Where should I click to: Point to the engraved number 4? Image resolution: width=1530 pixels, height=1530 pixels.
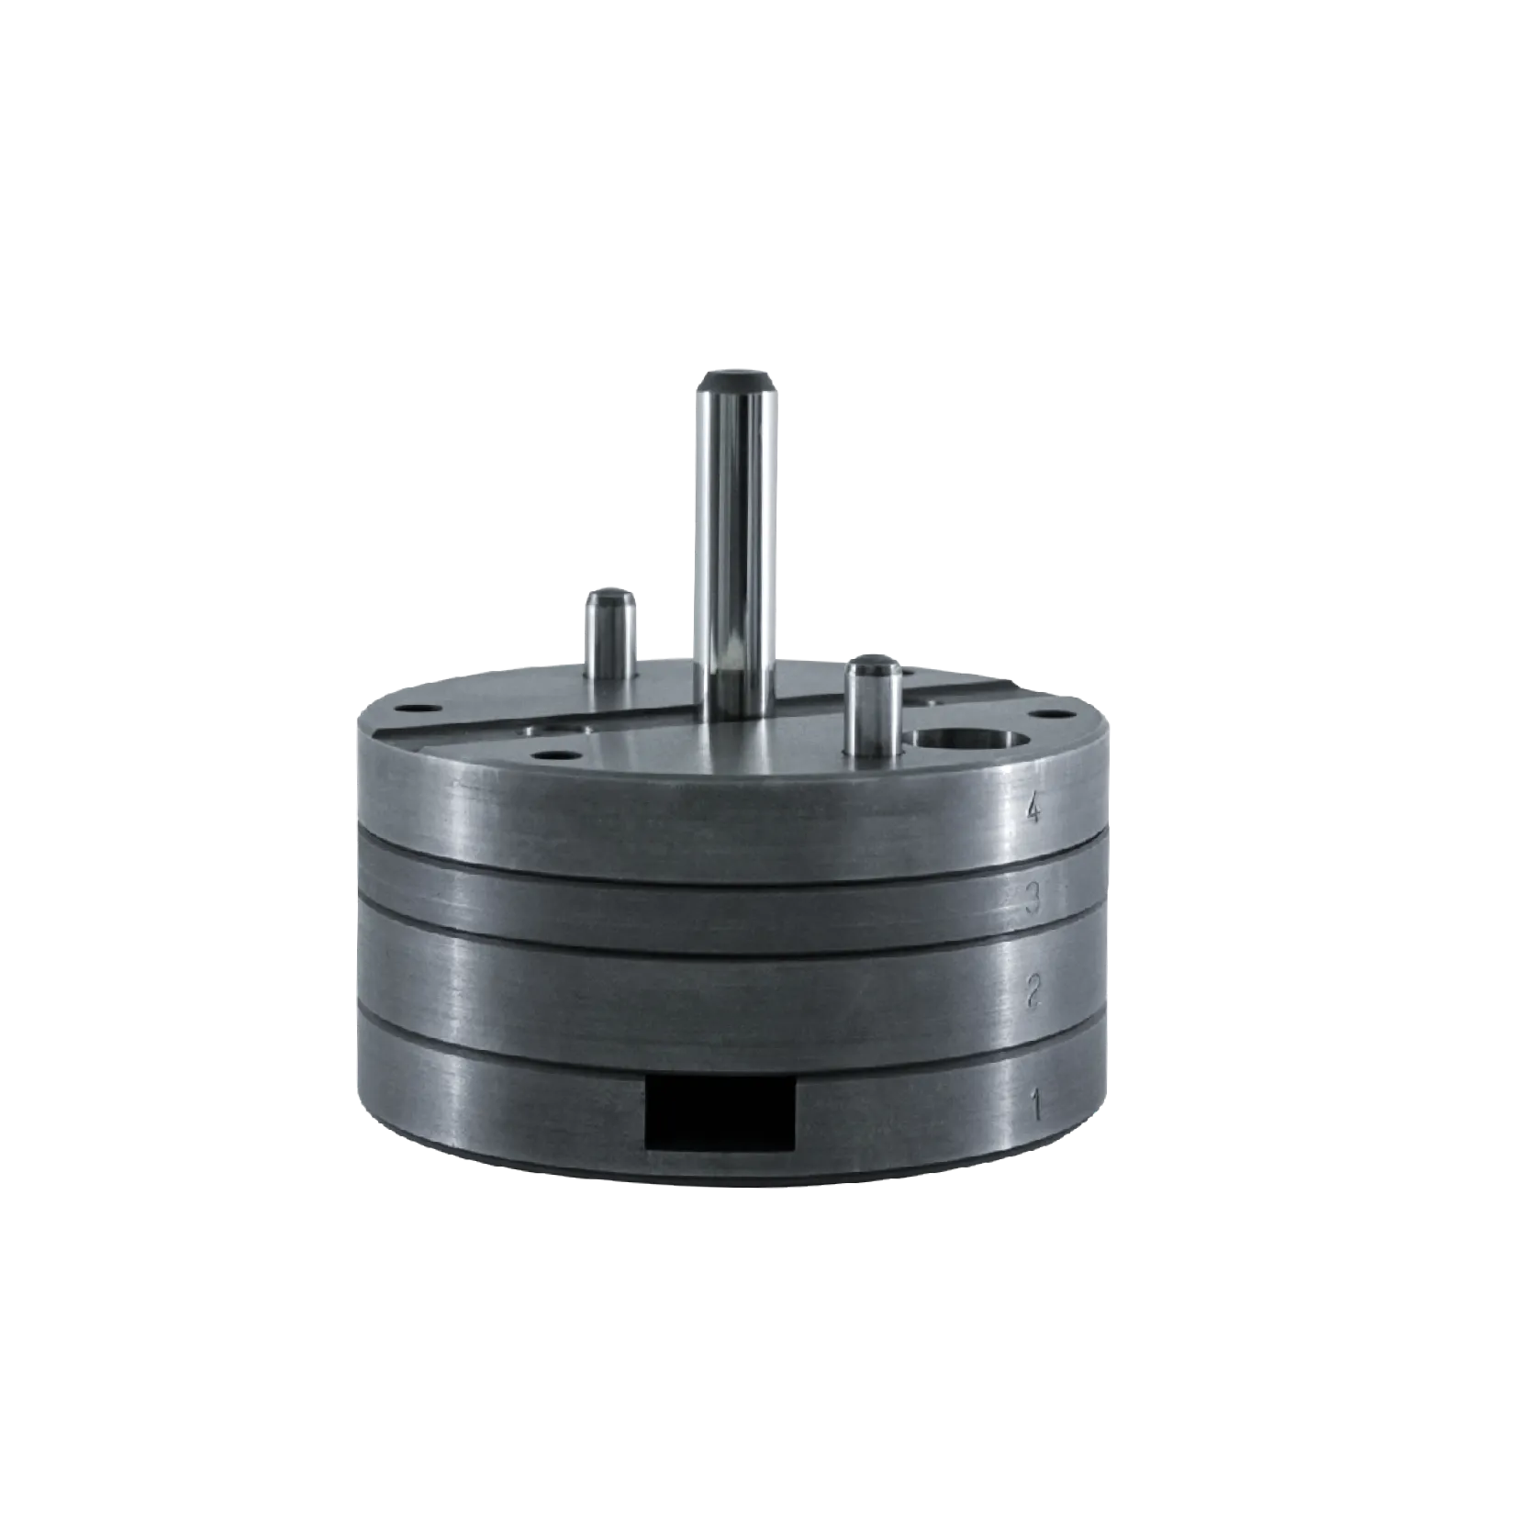click(x=1034, y=810)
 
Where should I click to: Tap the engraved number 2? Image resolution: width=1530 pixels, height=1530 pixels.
click(x=1034, y=991)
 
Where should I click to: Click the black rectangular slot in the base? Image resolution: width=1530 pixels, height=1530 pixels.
click(x=720, y=1113)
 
